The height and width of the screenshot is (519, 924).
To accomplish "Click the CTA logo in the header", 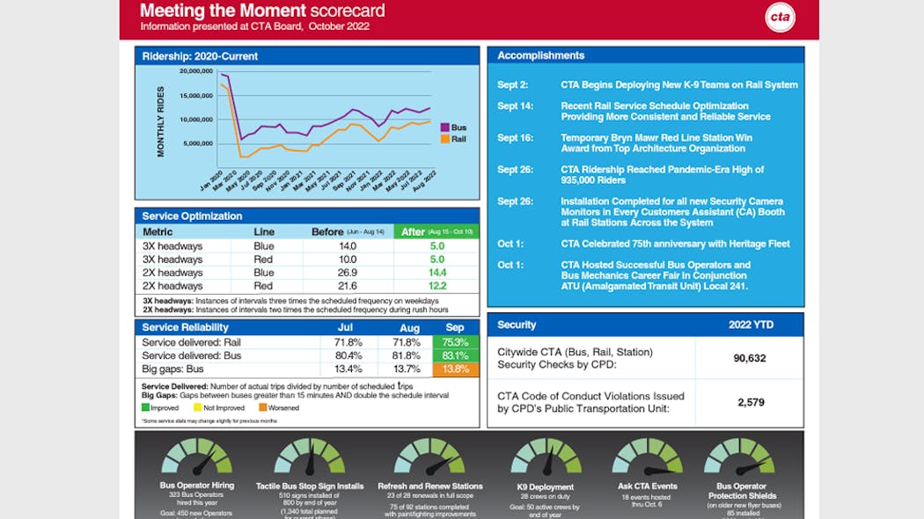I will coord(779,18).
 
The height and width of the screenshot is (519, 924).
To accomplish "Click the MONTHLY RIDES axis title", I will coord(160,121).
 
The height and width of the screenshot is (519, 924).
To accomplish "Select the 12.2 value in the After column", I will coord(436,286).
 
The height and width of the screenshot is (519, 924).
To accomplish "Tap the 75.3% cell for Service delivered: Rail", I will coord(455,342).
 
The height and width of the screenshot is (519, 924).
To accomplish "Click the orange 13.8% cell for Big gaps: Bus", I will coord(455,369).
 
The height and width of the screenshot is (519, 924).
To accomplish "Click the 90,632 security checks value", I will coord(749,358).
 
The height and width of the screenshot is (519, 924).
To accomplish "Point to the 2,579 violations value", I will coord(749,402).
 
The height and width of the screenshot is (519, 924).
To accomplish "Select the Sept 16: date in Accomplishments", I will coord(515,138).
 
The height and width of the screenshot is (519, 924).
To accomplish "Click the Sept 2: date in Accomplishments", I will coord(512,85).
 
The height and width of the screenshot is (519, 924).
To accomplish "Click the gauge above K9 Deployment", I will coord(545,458).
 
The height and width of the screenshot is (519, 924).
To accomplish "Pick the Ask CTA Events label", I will coord(647,486).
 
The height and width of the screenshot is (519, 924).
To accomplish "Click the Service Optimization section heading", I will coord(192,216).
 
